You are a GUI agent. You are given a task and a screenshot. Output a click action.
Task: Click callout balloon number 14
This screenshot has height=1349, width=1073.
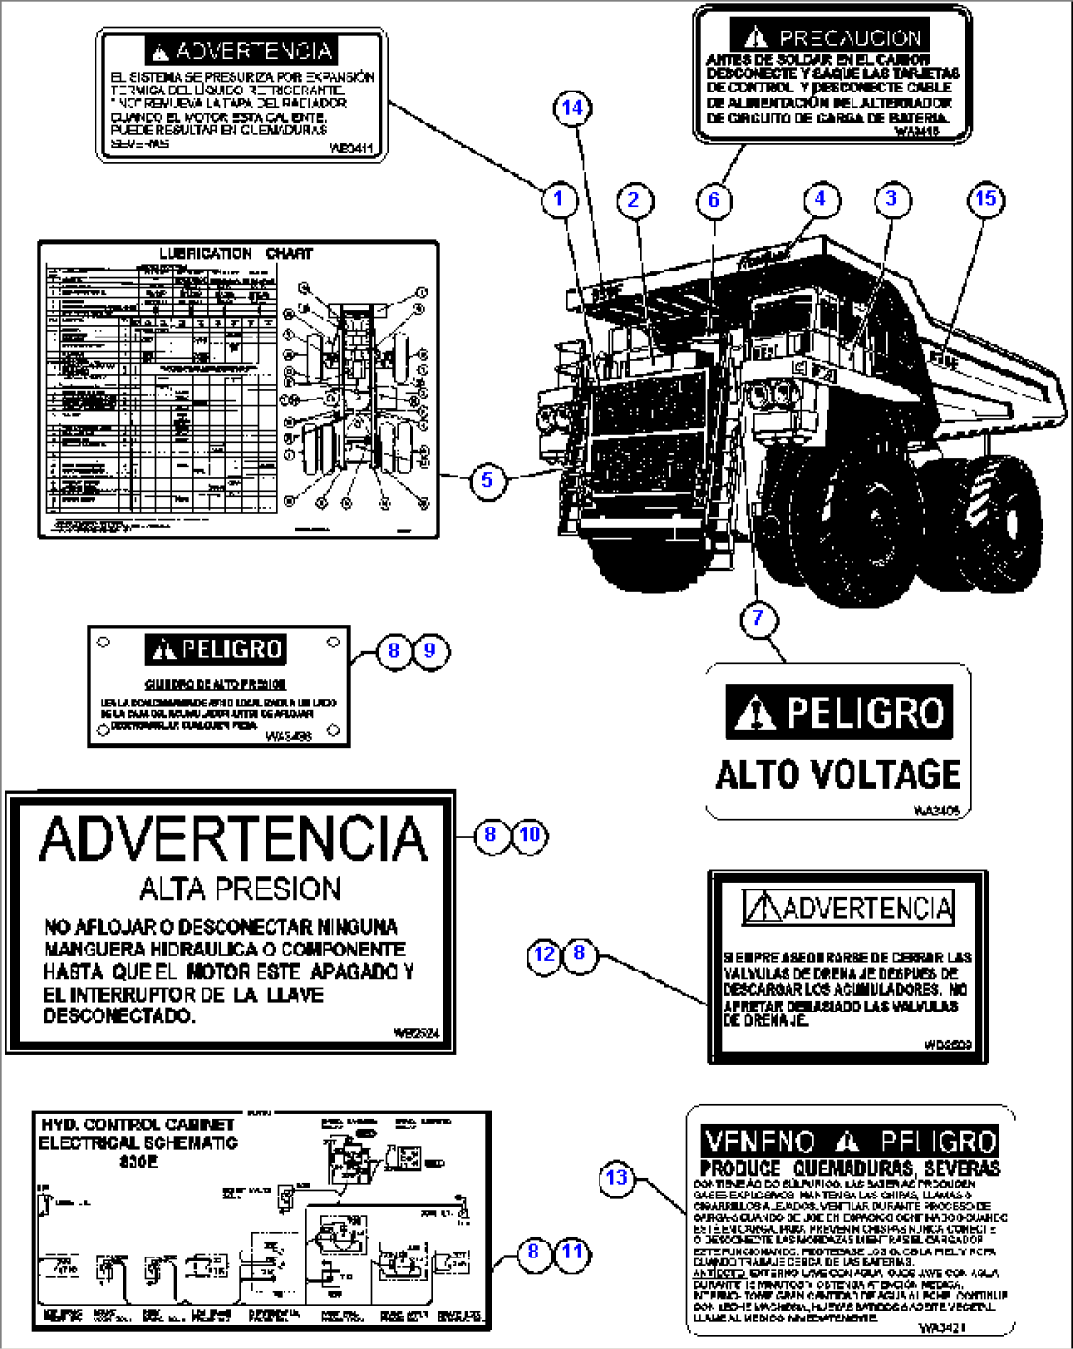point(573,108)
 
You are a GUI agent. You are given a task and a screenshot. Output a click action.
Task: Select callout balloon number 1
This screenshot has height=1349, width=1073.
point(558,200)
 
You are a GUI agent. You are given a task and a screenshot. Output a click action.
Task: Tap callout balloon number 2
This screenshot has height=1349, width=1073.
point(634,200)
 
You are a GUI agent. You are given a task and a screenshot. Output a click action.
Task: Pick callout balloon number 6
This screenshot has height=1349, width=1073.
point(714,201)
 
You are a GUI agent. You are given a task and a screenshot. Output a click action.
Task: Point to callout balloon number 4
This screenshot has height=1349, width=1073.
point(820,199)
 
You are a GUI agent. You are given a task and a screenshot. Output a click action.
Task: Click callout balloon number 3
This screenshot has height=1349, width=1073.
point(891,199)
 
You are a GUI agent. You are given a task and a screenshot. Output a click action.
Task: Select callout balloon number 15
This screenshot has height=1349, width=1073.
point(985,199)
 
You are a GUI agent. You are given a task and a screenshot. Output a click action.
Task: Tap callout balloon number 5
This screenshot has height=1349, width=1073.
point(487,481)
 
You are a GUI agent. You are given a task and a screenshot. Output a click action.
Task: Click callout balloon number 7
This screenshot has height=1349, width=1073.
point(758,618)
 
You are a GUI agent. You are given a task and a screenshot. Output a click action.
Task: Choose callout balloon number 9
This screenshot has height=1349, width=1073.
point(430,650)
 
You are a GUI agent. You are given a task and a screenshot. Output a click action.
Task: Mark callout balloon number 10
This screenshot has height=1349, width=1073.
point(530,835)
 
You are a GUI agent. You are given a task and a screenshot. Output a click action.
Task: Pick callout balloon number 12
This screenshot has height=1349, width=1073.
point(544,953)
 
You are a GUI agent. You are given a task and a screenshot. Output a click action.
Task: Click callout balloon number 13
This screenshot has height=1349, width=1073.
point(616,1177)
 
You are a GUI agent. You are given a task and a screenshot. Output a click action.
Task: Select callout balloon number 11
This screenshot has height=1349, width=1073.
point(572,1252)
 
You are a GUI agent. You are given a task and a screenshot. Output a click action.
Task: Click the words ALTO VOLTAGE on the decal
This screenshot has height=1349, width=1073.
point(837,774)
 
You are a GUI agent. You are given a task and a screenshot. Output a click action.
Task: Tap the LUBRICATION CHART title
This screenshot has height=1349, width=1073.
point(236,254)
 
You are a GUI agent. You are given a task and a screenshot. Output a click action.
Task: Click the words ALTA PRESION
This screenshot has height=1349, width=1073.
point(239,889)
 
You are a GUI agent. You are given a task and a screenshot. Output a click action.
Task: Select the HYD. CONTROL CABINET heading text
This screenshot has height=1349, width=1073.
point(137,1125)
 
